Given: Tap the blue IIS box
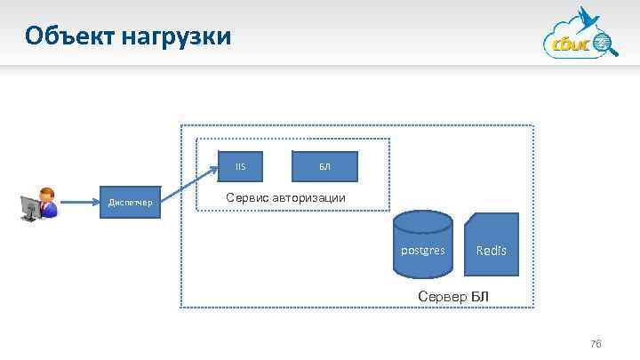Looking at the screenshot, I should coord(240,166).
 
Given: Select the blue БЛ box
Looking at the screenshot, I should coord(324,166).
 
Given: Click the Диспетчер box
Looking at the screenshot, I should coord(130,204).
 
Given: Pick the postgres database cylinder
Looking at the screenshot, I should coord(422,244).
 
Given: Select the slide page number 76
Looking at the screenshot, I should coord(596,344).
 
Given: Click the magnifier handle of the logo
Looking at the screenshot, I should coord(612,52).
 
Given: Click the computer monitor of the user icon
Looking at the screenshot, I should coord(30,206).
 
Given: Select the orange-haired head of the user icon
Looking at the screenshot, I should coord(47,196).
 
